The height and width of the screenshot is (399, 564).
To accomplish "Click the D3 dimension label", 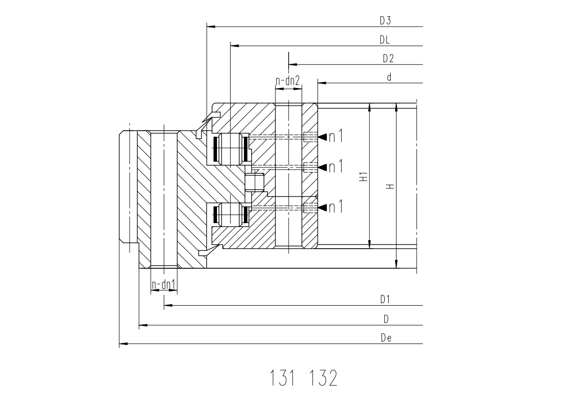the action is pyautogui.click(x=385, y=21).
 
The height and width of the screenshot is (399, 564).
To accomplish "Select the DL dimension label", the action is pyautogui.click(x=384, y=40).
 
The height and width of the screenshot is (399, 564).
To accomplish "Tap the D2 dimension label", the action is pyautogui.click(x=388, y=58).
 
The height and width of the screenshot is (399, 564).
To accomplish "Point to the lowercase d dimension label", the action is pyautogui.click(x=389, y=77).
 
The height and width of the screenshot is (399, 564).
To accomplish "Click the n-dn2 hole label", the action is pyautogui.click(x=288, y=81).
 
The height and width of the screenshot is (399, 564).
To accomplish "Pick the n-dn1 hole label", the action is pyautogui.click(x=163, y=285).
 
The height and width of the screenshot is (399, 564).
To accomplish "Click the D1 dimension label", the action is pyautogui.click(x=385, y=299).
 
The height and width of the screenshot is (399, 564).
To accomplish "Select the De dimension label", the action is pyautogui.click(x=386, y=338).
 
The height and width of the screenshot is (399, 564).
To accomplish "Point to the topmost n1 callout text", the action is pyautogui.click(x=336, y=136).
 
